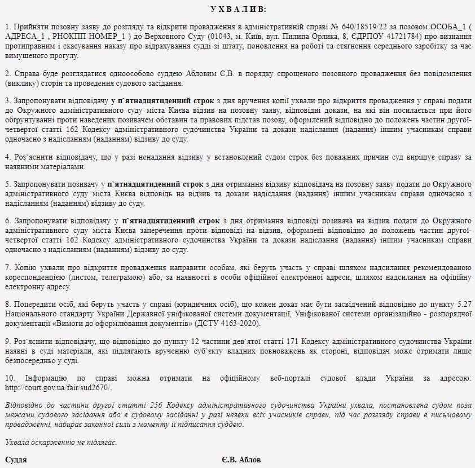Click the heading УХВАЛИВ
[x=237, y=9]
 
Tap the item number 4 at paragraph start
[x=7, y=157]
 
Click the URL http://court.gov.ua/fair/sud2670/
[x=59, y=388]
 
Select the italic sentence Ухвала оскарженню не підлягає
[x=61, y=441]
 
